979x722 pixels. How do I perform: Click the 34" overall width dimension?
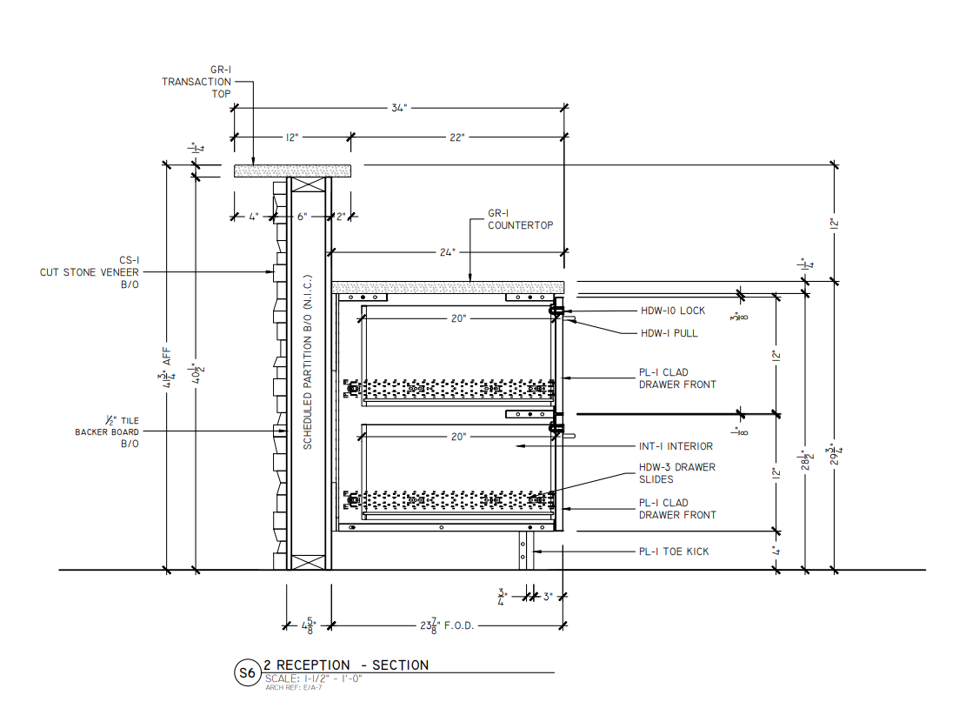click(x=398, y=107)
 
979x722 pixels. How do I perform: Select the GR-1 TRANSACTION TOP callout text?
click(x=196, y=82)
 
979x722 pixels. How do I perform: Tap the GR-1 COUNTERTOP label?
click(x=520, y=219)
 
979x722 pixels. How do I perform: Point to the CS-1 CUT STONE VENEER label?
click(x=90, y=271)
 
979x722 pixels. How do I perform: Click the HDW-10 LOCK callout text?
click(x=673, y=311)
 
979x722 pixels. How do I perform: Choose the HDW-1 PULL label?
click(x=669, y=333)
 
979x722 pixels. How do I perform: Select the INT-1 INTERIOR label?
click(x=676, y=446)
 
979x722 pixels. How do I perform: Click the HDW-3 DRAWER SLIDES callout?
click(x=677, y=473)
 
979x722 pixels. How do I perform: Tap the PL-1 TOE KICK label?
click(x=674, y=552)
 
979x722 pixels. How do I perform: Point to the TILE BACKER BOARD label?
click(x=107, y=432)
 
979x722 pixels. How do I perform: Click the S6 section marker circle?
click(x=247, y=672)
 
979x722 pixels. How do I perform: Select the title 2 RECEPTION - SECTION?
click(x=346, y=665)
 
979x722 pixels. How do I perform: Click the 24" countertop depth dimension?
click(x=447, y=253)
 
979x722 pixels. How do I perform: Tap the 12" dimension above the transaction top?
click(x=291, y=137)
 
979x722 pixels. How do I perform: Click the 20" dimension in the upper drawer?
click(x=458, y=319)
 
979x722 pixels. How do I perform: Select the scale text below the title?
click(x=313, y=679)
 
